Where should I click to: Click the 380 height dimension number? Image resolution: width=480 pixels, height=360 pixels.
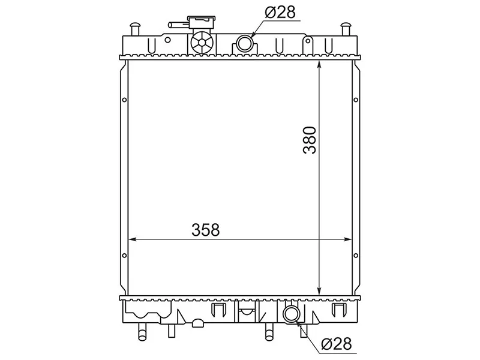tap(309, 140)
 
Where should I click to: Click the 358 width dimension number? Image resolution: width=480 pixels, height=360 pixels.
tap(206, 230)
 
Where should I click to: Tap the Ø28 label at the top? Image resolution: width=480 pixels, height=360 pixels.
tap(280, 13)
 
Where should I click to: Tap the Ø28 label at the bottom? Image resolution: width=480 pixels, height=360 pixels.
tap(336, 344)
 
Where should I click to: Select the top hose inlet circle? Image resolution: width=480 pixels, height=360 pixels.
tap(244, 43)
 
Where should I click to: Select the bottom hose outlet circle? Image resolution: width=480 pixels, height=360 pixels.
tap(290, 314)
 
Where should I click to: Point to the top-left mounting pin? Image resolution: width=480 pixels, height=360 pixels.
tap(135, 29)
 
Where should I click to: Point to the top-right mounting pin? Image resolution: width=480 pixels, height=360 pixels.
tap(346, 29)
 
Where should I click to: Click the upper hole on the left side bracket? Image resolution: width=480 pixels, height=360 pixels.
tap(124, 100)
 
